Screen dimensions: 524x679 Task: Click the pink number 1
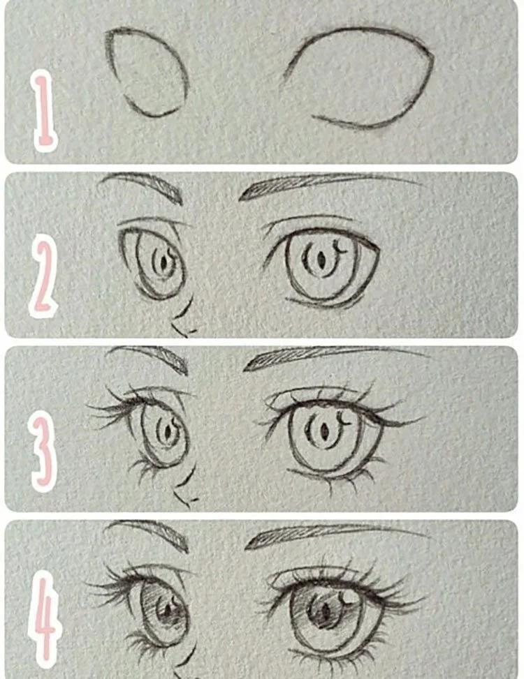[x=45, y=112]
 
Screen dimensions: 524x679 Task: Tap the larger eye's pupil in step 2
[x=321, y=260]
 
